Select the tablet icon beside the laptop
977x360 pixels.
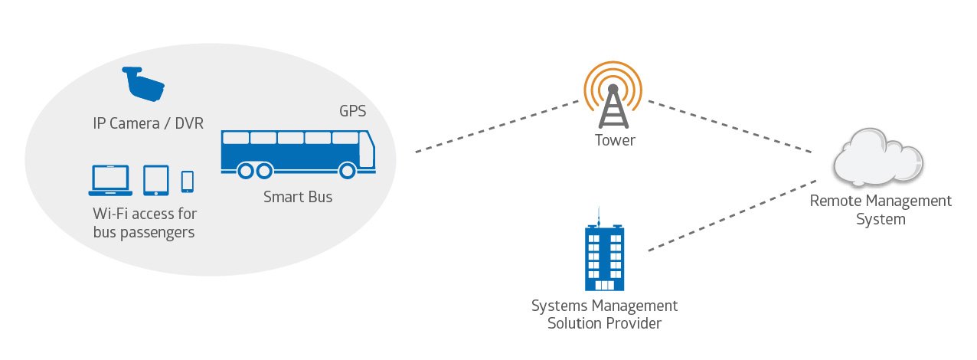pyautogui.click(x=155, y=180)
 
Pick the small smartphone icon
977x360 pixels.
pyautogui.click(x=187, y=182)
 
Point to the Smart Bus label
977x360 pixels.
pyautogui.click(x=298, y=197)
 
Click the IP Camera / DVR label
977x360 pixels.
pyautogui.click(x=145, y=122)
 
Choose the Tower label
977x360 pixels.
pyautogui.click(x=615, y=141)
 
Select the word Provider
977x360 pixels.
pyautogui.click(x=633, y=323)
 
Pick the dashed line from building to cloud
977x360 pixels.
pyautogui.click(x=731, y=217)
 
